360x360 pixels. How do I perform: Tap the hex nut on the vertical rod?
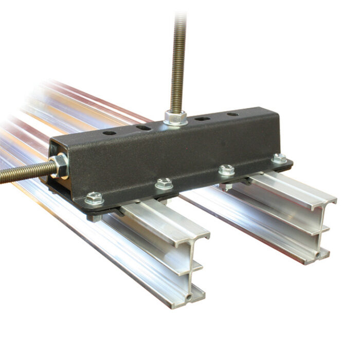click(176, 118)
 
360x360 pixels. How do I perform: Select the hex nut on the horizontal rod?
click(60, 166)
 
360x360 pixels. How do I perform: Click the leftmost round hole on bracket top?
click(109, 133)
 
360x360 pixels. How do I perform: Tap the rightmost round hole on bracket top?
click(232, 114)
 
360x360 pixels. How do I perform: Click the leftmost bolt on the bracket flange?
click(94, 197)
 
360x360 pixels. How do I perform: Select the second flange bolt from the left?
click(164, 183)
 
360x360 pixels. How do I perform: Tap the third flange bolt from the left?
click(226, 170)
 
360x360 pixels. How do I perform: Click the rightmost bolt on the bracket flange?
click(279, 158)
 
